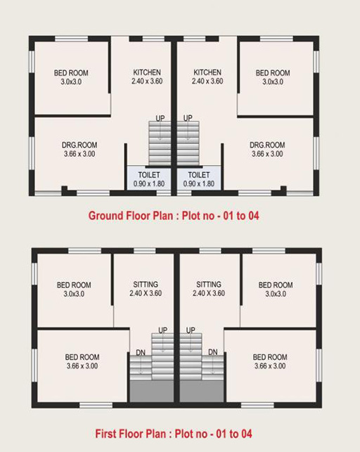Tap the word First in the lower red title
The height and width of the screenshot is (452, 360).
(105, 434)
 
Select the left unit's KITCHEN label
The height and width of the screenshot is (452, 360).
(147, 72)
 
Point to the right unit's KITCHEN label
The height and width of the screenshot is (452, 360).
(207, 72)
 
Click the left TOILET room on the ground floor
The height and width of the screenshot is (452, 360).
(149, 179)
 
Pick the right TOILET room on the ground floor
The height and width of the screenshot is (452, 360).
(199, 179)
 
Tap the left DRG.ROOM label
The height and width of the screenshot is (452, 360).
(79, 145)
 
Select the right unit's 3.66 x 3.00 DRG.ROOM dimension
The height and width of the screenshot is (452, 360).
(267, 154)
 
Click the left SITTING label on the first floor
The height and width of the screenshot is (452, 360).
(146, 284)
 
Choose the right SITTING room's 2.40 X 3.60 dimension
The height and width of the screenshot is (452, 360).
(209, 293)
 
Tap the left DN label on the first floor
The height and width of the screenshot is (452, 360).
(141, 352)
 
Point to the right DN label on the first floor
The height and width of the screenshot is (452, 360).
(213, 352)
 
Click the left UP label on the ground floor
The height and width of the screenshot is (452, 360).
(160, 118)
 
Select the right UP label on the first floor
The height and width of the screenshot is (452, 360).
(191, 330)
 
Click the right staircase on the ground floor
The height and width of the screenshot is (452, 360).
(188, 143)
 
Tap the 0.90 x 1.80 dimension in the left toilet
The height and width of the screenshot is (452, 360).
(149, 183)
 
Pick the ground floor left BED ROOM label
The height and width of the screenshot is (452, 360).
(71, 73)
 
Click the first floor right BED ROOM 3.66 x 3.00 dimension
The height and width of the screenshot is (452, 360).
(270, 366)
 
